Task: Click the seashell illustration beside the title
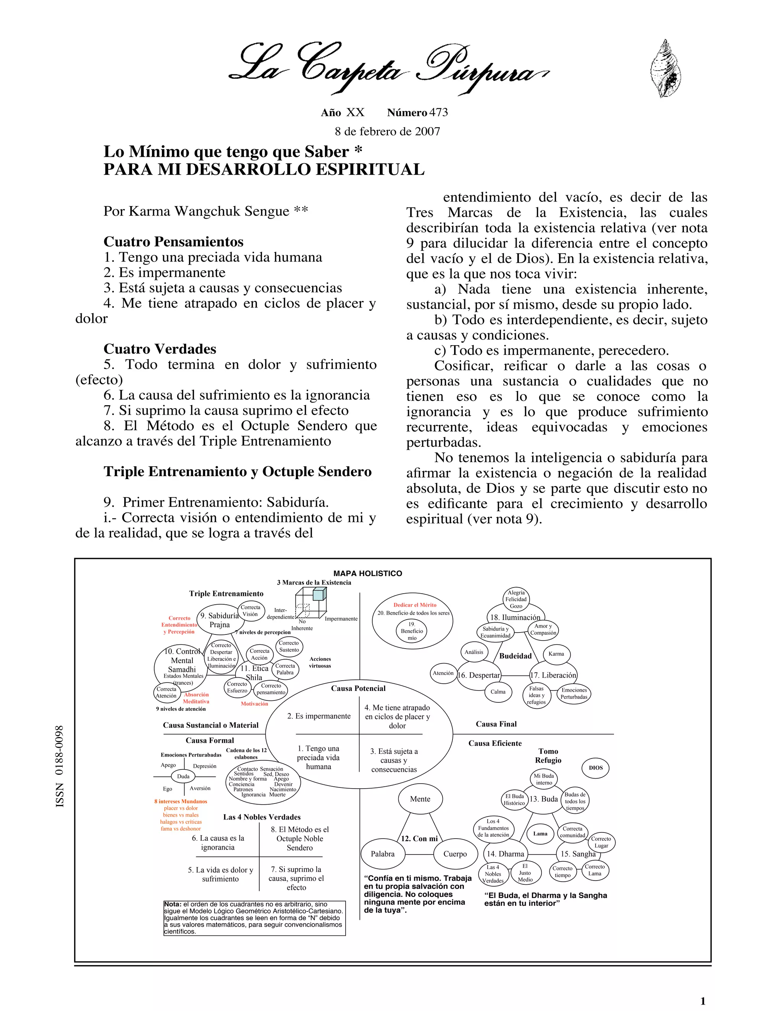coord(666,69)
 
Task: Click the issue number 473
coord(438,113)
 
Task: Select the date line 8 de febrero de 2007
coord(387,132)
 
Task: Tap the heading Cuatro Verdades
coord(160,349)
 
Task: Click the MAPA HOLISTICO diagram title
coord(368,573)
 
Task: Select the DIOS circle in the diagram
coord(596,768)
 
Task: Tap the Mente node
coord(420,799)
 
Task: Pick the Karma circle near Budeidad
coord(556,654)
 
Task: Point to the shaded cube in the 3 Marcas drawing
coord(319,594)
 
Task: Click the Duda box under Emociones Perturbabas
coord(183,776)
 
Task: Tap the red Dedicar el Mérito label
coord(415,605)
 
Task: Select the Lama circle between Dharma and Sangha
coord(540,834)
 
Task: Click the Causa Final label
coord(496,724)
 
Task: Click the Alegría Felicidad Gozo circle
coord(516,599)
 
